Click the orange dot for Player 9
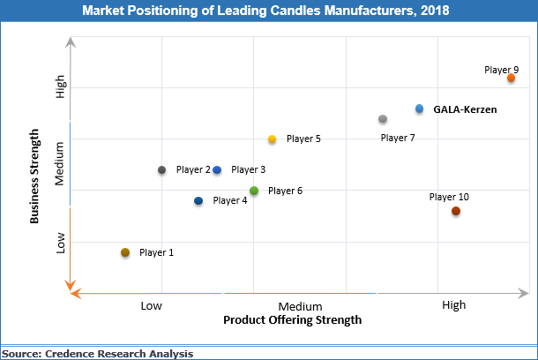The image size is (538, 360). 511,79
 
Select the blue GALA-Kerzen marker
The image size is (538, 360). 420,109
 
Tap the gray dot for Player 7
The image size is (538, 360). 383,119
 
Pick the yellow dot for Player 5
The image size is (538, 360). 273,139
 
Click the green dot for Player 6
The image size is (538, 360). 254,191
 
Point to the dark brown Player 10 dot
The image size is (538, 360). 456,211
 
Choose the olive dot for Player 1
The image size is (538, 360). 125,253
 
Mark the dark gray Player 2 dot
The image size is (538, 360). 162,169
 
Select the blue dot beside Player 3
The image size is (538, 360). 217,169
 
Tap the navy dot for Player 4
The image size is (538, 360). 198,201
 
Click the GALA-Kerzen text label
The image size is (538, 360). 465,109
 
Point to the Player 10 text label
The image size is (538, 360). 449,197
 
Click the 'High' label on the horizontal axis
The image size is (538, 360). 453,305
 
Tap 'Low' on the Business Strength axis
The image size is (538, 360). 61,243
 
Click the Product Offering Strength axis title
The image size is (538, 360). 292,320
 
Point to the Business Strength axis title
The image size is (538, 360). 35,176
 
